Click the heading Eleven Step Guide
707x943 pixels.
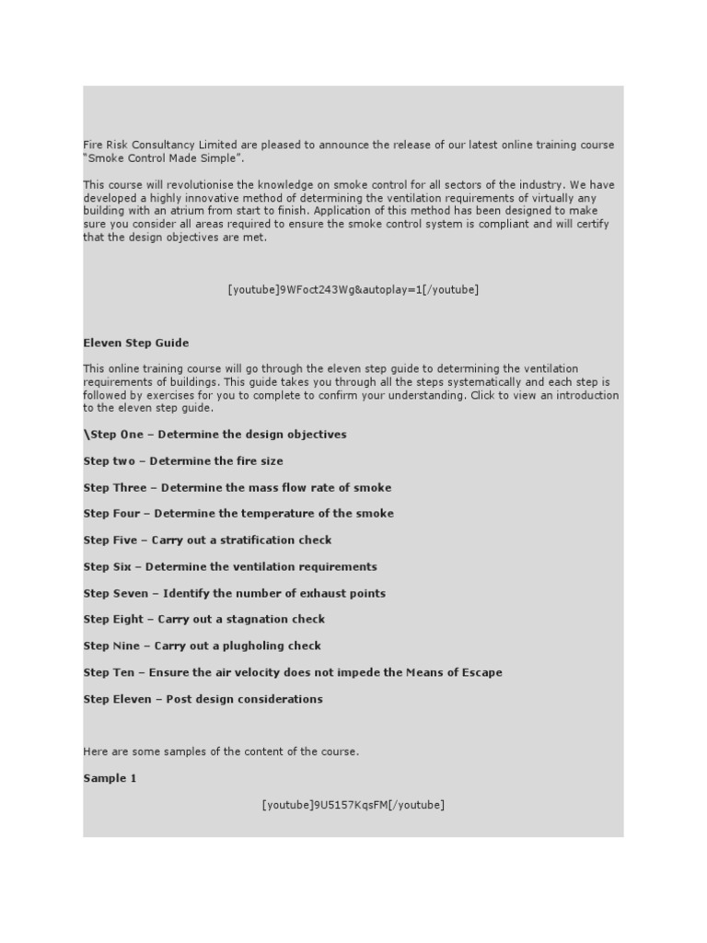136,343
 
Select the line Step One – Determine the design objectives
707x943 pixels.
215,435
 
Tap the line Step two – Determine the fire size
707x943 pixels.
183,461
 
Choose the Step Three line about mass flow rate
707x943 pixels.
237,488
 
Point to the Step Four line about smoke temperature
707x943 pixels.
238,514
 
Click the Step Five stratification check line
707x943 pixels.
207,541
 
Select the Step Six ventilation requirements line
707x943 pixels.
230,567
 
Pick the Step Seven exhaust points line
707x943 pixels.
234,594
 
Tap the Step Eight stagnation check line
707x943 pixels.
203,620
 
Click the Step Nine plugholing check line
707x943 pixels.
202,646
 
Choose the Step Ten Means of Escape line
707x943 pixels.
293,673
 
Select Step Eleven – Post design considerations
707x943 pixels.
203,700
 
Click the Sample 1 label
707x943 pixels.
110,779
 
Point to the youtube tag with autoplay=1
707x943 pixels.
353,290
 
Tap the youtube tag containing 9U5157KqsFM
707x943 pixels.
353,806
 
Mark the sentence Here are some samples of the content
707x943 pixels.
221,752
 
